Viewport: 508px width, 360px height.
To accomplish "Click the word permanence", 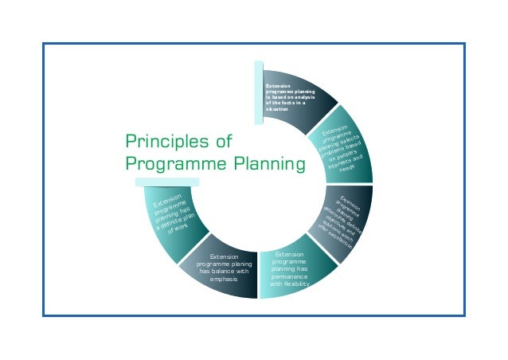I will (289, 275).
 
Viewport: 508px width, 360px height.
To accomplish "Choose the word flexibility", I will (298, 283).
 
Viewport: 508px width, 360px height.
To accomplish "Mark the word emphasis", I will (218, 280).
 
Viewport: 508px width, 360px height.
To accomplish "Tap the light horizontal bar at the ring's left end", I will (166, 182).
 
